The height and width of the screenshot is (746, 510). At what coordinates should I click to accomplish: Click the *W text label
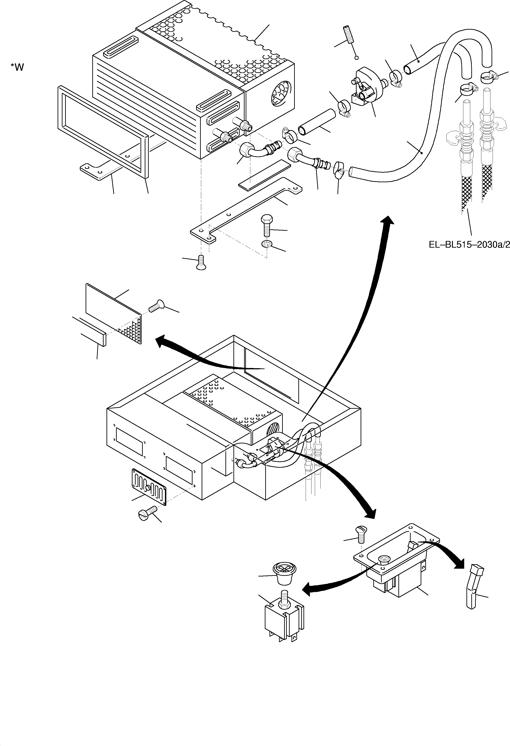(17, 67)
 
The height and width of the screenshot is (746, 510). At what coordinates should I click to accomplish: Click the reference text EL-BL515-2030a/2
(469, 245)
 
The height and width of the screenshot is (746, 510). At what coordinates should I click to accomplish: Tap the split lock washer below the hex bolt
(267, 244)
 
